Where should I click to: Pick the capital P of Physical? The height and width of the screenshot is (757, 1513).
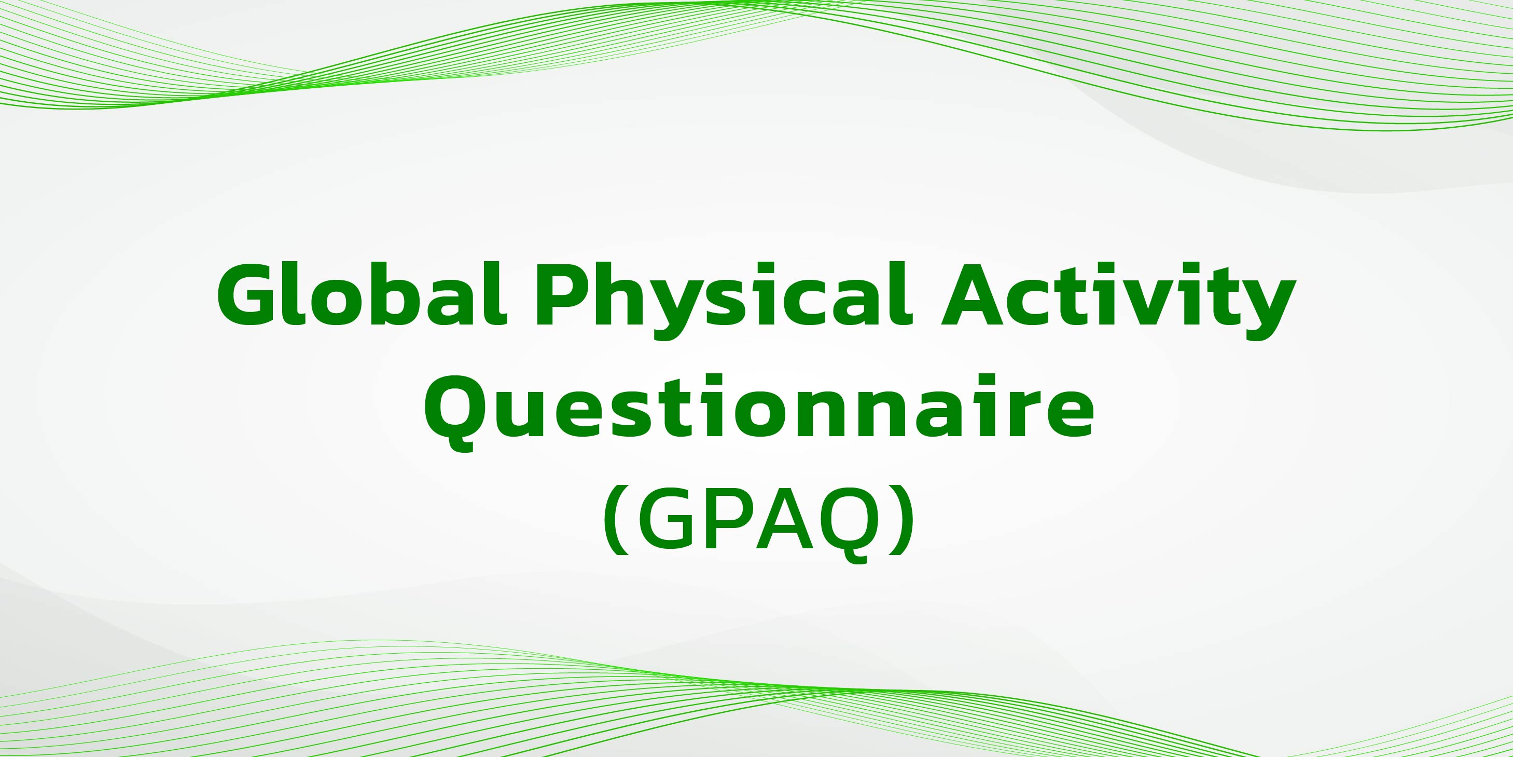click(x=562, y=294)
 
